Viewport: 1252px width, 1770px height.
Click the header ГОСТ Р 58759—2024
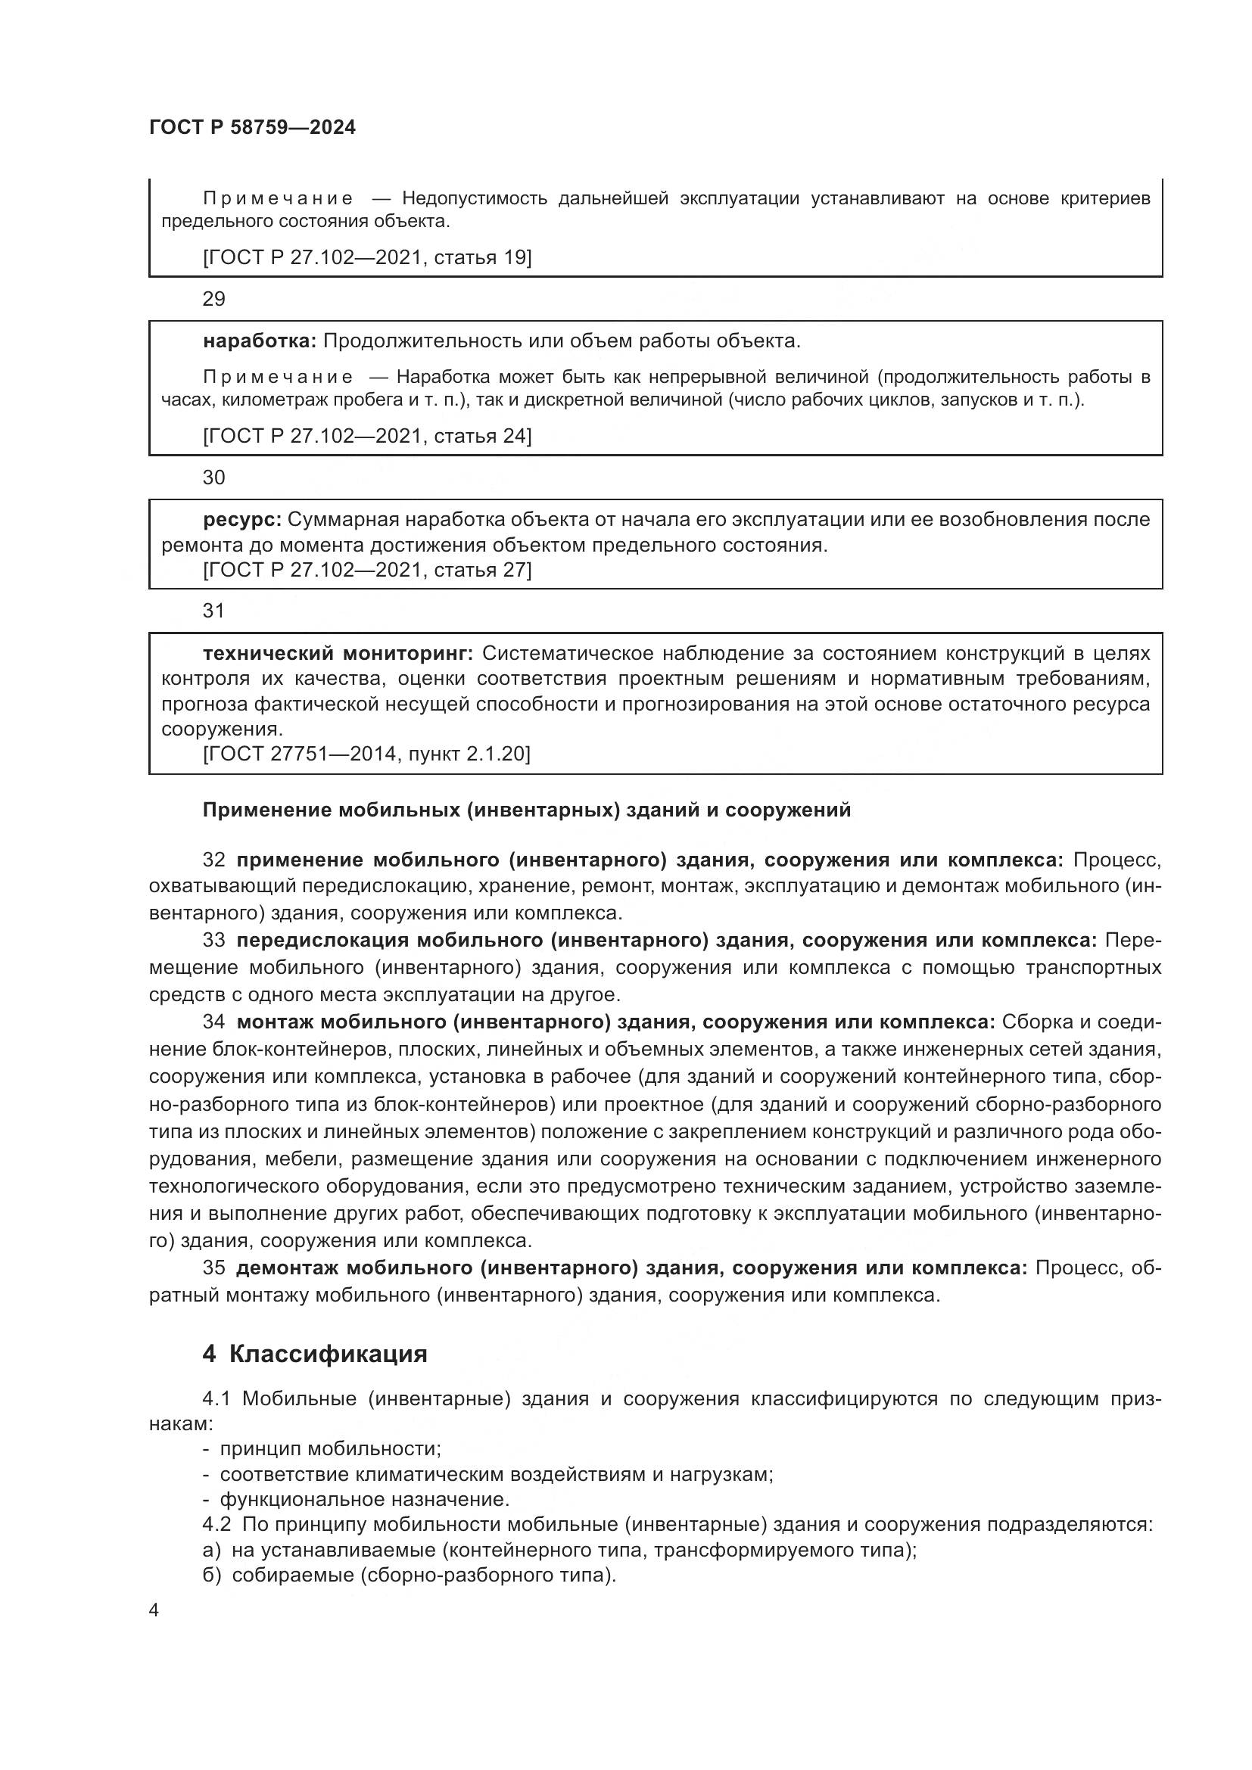point(252,128)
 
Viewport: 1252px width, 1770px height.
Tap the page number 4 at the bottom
point(154,1610)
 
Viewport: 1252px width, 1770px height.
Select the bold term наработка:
point(259,341)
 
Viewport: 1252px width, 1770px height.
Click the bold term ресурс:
point(242,520)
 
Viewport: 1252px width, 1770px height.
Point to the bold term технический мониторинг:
point(337,654)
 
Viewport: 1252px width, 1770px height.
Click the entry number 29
point(213,299)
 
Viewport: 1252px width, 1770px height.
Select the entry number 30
point(213,478)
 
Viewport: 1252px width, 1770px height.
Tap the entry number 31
point(213,611)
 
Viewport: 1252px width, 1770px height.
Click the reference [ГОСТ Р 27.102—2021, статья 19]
point(367,257)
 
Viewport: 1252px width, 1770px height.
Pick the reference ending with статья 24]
point(367,437)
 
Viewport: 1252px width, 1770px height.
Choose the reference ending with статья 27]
point(367,570)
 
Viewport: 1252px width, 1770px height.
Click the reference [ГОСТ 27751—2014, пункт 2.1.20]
point(366,753)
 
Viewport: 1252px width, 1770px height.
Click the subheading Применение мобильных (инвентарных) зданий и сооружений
point(526,810)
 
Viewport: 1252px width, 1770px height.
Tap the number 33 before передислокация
point(214,940)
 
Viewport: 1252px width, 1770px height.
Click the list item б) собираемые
point(409,1575)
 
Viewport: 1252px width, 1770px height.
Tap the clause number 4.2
point(216,1524)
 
